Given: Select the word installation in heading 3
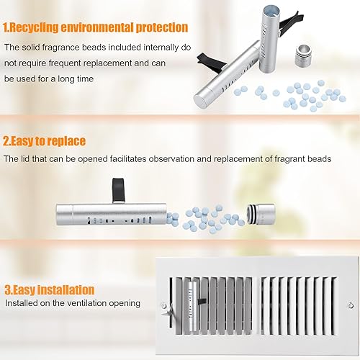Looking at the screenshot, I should pyautogui.click(x=63, y=289).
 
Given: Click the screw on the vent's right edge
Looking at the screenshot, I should pyautogui.click(x=350, y=306).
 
